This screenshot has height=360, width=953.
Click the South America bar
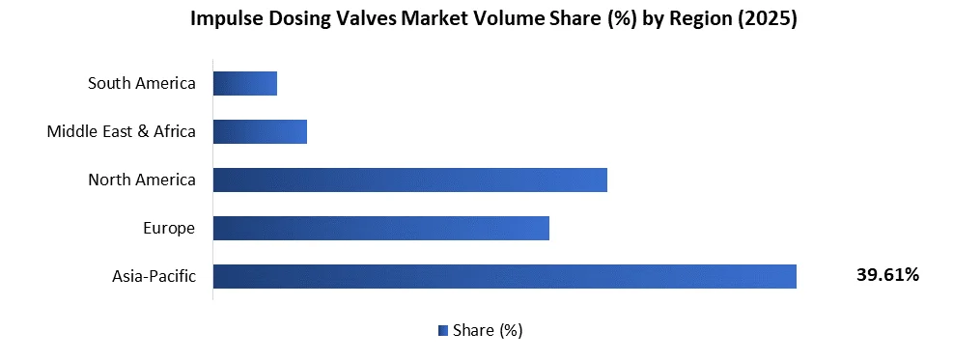pos(245,83)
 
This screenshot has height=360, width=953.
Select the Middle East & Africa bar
pos(260,131)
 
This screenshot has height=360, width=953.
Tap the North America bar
pos(409,180)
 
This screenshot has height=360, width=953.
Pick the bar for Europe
pos(380,228)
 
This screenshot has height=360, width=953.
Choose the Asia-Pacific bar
pos(504,276)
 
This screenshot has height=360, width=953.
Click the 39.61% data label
pos(887,275)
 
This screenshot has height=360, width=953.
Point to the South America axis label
pos(142,83)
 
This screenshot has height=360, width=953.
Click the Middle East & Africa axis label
pos(122,131)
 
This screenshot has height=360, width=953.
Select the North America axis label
pos(142,180)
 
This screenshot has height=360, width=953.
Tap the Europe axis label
pos(168,228)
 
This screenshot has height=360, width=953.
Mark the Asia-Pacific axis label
pos(154,276)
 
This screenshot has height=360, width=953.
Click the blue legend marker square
pos(442,330)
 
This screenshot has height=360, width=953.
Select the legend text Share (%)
pos(488,330)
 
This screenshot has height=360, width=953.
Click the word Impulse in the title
pos(225,19)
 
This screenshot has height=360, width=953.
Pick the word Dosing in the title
pos(296,19)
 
